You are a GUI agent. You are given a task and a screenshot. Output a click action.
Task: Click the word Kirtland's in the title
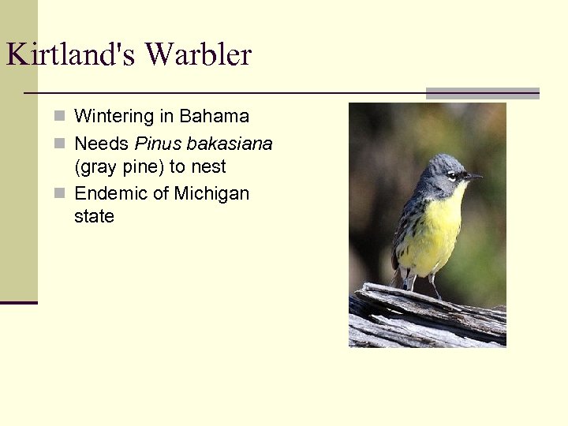click(71, 55)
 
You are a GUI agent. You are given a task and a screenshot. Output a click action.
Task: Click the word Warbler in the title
click(198, 55)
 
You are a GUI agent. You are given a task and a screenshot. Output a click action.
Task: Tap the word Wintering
click(114, 117)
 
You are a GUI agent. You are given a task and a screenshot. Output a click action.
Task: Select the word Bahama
click(214, 117)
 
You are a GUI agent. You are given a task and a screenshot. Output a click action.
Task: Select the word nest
click(208, 167)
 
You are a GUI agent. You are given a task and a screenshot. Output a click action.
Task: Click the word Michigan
click(211, 193)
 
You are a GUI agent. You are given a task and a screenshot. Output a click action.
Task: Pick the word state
click(94, 216)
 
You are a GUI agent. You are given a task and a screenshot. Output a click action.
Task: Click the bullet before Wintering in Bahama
click(60, 117)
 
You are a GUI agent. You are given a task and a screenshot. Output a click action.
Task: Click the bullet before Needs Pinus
click(60, 144)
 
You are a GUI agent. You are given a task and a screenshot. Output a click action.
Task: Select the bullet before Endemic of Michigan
click(60, 194)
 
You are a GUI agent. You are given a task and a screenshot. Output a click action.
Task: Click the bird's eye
click(451, 175)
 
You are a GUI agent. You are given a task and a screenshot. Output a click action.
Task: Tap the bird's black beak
click(473, 177)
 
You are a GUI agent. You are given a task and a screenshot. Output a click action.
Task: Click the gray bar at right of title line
click(482, 93)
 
